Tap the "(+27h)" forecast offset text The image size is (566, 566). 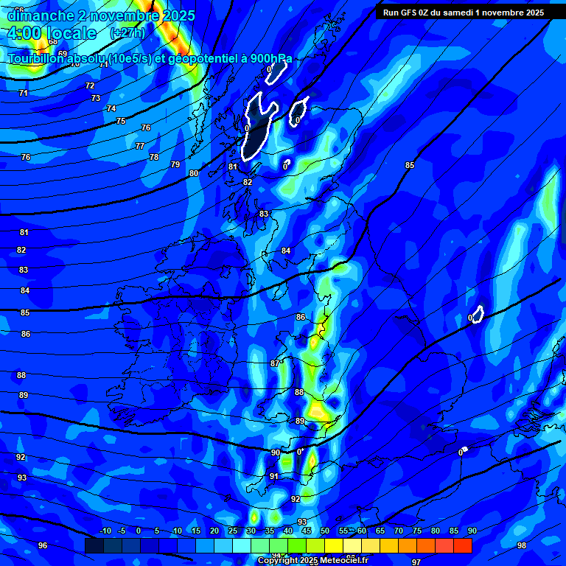tap(127, 33)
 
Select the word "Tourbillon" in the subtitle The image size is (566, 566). tap(40, 59)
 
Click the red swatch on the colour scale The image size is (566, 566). tap(462, 546)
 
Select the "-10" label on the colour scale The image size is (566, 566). tap(105, 531)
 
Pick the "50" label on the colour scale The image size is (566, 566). tap(325, 531)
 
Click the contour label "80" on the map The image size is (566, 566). tap(194, 173)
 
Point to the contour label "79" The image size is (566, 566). tap(175, 164)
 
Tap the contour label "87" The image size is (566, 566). tap(275, 363)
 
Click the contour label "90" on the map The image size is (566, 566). tap(276, 453)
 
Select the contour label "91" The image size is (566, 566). tap(274, 477)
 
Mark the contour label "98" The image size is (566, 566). tap(522, 545)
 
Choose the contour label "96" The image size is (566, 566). tap(43, 545)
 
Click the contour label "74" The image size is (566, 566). tap(111, 108)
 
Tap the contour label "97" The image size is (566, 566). tap(416, 562)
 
